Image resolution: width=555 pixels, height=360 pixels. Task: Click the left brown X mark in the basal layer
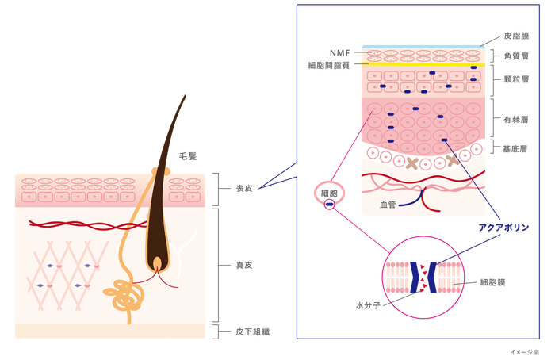pyautogui.click(x=412, y=163)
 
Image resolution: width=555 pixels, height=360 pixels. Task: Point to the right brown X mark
pyautogui.click(x=454, y=160)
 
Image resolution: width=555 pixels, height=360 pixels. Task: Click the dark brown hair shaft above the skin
pyautogui.click(x=174, y=127)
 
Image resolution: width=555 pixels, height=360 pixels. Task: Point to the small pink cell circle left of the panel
pyautogui.click(x=327, y=193)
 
